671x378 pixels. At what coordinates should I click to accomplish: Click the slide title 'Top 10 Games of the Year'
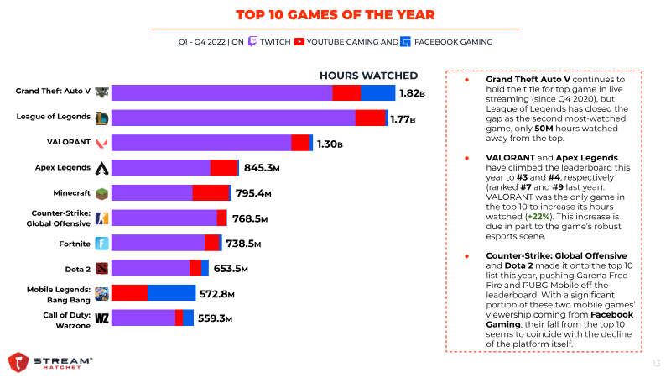tap(335, 15)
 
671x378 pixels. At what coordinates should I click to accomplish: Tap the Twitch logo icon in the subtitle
tap(252, 40)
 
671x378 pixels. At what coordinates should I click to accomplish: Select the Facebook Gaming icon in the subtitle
tap(406, 40)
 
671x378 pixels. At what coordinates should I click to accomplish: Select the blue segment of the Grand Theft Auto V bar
tap(377, 93)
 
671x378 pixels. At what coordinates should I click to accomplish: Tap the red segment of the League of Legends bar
tap(370, 118)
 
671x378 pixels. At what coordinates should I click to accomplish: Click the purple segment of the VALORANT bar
tap(201, 143)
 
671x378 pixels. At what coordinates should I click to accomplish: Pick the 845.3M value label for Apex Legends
tap(261, 168)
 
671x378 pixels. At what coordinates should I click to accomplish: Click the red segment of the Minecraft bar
tap(211, 193)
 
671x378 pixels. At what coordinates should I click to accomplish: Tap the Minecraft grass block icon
tap(101, 193)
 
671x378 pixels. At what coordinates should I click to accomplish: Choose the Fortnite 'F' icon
tap(101, 244)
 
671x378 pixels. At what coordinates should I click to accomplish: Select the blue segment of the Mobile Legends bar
tap(171, 293)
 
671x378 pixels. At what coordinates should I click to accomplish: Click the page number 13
tap(656, 363)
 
